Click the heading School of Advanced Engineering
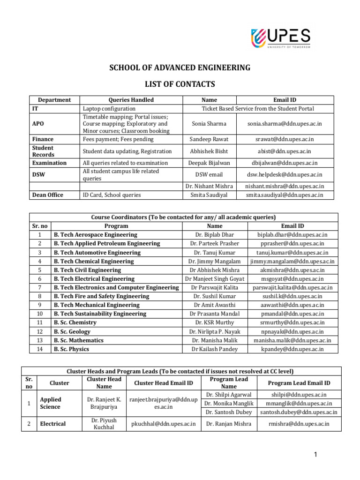[180, 68]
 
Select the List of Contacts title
[180, 84]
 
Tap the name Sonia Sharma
[209, 124]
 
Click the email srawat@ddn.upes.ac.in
[285, 139]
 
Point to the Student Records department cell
[43, 151]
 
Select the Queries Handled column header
[131, 100]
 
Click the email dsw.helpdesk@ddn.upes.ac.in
[285, 174]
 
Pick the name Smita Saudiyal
[209, 195]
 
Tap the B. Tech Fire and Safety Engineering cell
[101, 296]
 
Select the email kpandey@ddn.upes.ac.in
[292, 349]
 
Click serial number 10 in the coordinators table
[40, 314]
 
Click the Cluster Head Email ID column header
[164, 383]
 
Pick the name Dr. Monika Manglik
[229, 403]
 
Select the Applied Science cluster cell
[51, 403]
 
